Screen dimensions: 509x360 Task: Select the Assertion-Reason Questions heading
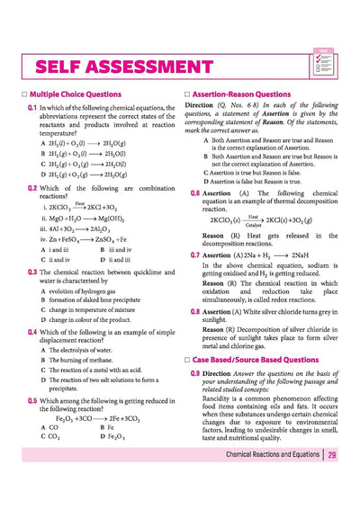click(242, 94)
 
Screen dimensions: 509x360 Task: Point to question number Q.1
click(31, 107)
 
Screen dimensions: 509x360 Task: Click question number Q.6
click(195, 193)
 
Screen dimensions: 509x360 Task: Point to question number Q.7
click(195, 255)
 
